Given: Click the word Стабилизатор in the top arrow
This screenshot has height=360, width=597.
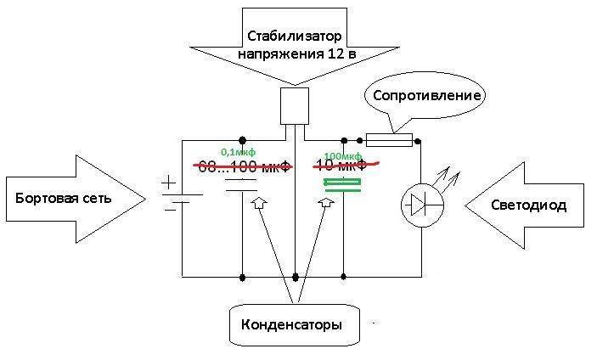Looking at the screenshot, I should point(293,36).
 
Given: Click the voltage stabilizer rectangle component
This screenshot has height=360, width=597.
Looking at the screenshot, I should point(294,106).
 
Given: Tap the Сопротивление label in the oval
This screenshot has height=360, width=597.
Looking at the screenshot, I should point(425,95).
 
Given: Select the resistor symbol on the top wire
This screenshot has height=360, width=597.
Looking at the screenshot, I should point(389,139).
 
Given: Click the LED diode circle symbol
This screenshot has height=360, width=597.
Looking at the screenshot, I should point(421,204).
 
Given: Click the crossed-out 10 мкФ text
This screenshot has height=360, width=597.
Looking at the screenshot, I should point(344,166).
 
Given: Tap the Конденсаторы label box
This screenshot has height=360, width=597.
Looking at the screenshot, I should point(293,325).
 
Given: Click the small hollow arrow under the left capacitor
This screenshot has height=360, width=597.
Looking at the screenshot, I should point(258,203).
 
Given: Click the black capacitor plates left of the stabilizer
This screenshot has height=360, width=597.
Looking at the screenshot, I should point(242,186).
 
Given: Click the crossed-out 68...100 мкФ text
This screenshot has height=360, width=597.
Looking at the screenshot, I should point(245,166).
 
